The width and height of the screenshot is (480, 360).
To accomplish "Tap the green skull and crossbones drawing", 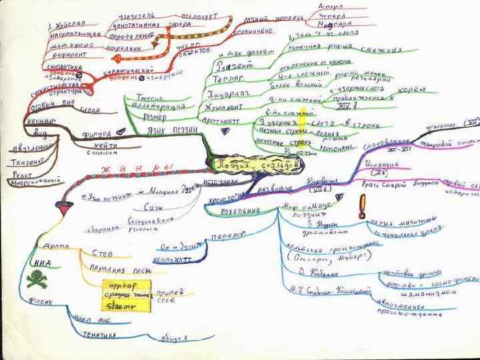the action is point(34,280).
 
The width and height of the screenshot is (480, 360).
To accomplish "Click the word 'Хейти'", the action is point(102,146).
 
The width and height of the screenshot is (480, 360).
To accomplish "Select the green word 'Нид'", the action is point(42,263).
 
